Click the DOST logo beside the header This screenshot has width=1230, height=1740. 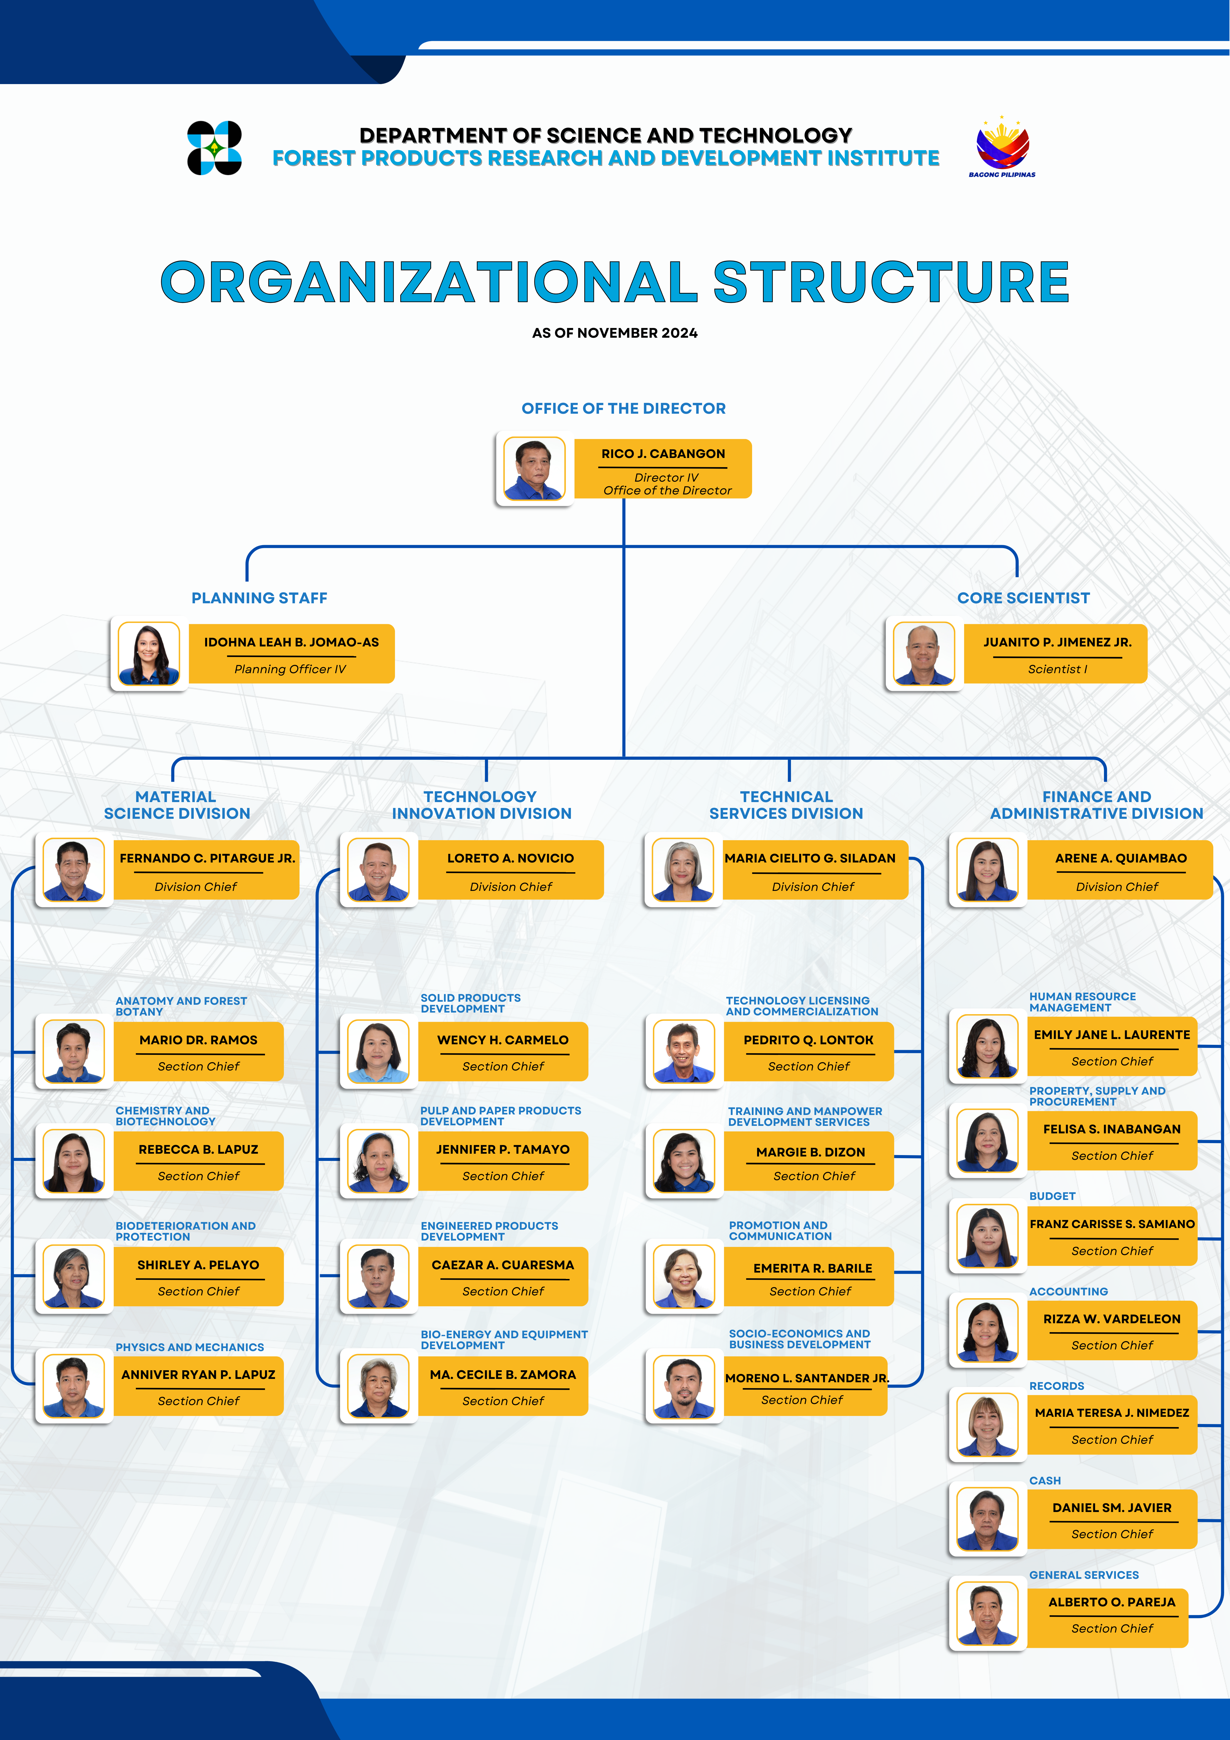pos(215,148)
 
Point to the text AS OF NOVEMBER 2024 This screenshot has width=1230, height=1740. pos(615,333)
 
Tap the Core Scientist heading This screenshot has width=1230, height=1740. pos(1023,598)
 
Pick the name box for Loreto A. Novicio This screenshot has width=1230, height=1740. pos(511,870)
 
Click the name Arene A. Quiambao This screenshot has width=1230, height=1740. pos(1121,858)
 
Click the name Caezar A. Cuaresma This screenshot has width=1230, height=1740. pos(503,1265)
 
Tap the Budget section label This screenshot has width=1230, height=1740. pos(1052,1196)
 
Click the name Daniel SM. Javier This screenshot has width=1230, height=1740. pos(1112,1507)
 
